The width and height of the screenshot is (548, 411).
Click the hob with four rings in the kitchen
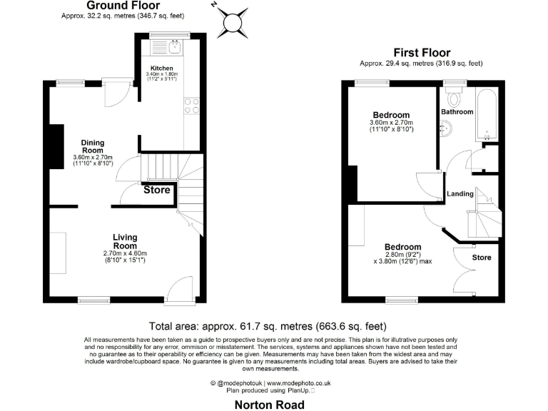[191, 106]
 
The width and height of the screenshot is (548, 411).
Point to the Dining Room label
[93, 147]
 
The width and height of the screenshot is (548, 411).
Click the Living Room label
[125, 241]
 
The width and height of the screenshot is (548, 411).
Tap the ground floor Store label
[157, 191]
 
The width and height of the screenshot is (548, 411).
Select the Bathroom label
[457, 112]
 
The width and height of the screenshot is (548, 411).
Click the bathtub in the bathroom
[489, 114]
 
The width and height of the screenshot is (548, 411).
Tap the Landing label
[460, 194]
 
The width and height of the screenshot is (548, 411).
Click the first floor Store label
[482, 256]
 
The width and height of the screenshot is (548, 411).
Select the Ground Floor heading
[118, 5]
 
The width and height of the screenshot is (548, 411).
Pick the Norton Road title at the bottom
[270, 405]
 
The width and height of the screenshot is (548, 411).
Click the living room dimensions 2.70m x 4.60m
[125, 253]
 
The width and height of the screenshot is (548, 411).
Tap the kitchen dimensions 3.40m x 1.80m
[162, 74]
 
